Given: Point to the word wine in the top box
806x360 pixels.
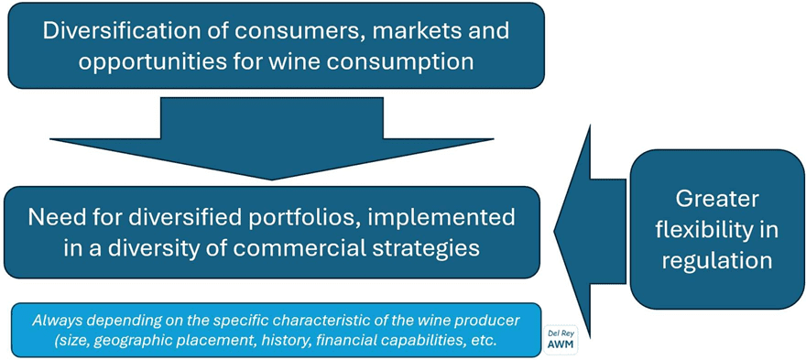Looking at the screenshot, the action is tap(270, 61).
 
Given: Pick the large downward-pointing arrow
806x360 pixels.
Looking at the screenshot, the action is tap(272, 138).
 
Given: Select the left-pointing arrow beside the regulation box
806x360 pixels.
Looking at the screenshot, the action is tap(590, 232).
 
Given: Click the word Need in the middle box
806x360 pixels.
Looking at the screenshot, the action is tap(52, 217).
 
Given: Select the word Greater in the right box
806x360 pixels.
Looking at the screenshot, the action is tap(716, 200).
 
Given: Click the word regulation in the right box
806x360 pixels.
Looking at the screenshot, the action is tap(716, 261).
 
